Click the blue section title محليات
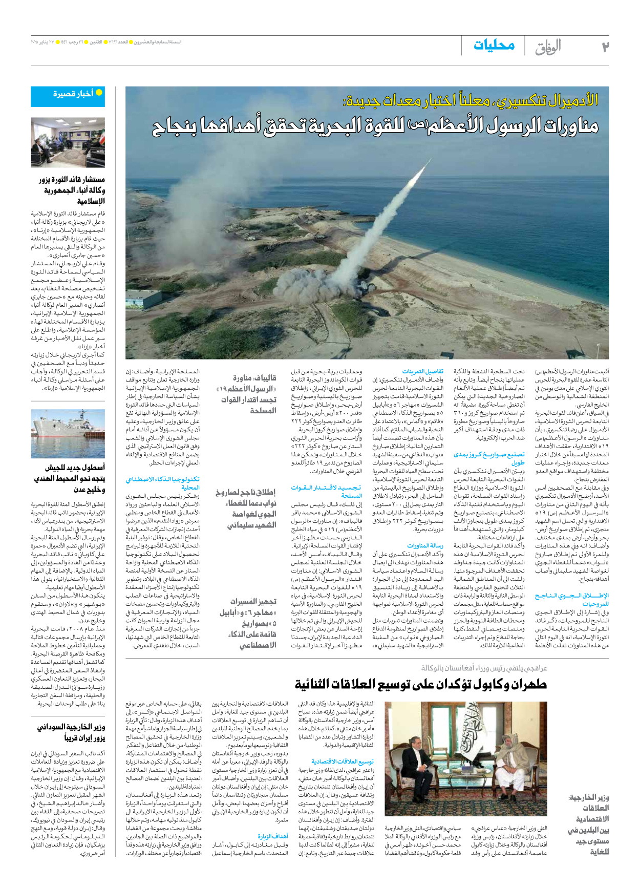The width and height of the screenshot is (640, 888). tap(494, 46)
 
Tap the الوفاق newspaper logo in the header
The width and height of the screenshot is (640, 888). tap(548, 47)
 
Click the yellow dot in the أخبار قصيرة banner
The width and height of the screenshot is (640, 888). tap(99, 93)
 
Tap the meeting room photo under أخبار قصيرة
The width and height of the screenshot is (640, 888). tap(68, 142)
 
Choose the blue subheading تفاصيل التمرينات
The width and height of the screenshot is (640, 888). tap(422, 371)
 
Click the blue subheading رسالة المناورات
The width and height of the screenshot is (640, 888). tap(425, 546)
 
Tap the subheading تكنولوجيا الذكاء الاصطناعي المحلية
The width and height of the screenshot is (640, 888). tap(163, 483)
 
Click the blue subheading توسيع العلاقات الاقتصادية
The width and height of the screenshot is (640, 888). tap(343, 762)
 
